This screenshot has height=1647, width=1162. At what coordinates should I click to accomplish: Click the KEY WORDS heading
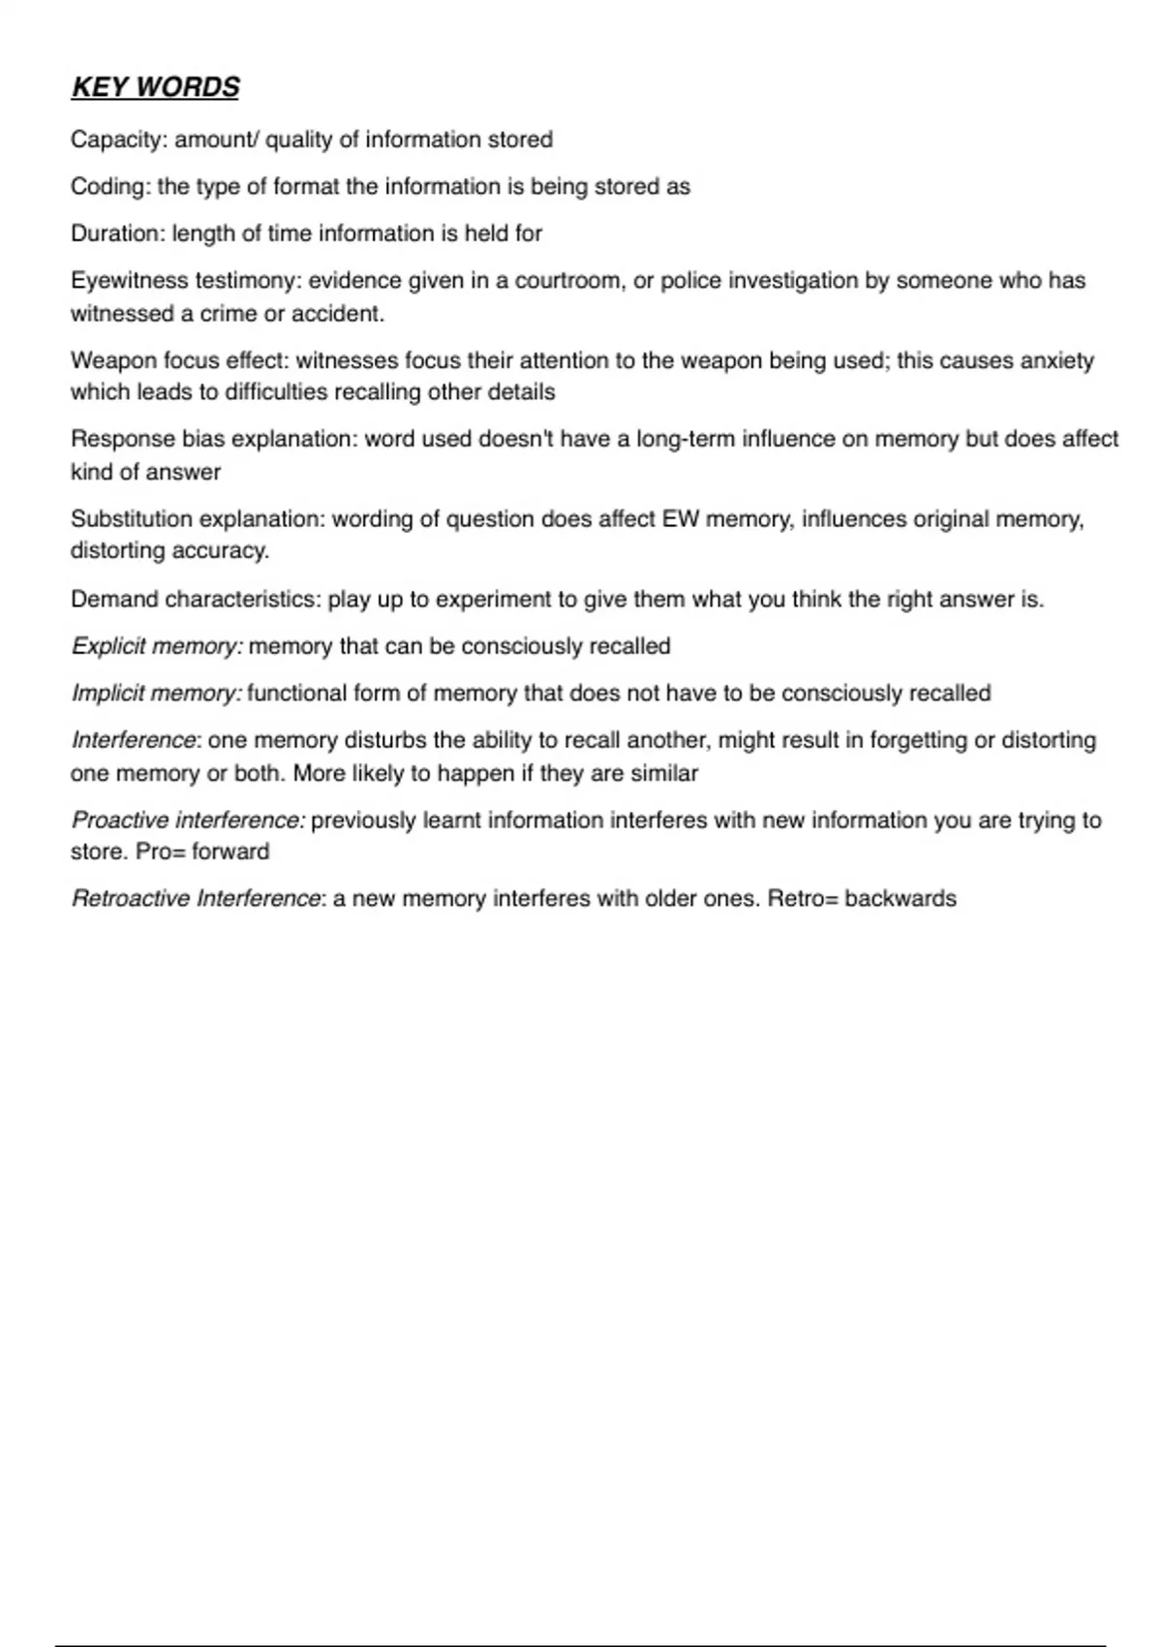pyautogui.click(x=155, y=87)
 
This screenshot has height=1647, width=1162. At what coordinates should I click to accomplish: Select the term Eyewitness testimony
pyautogui.click(x=185, y=281)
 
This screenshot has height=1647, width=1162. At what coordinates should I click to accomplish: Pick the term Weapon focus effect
pyautogui.click(x=178, y=360)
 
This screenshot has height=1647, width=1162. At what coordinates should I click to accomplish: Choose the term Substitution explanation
pyautogui.click(x=198, y=519)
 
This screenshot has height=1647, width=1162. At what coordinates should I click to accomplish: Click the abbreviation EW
pyautogui.click(x=680, y=519)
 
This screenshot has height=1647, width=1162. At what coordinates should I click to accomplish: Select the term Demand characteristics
pyautogui.click(x=194, y=600)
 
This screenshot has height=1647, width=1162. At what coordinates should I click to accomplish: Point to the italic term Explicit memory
pyautogui.click(x=156, y=646)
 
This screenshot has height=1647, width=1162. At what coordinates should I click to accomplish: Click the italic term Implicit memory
pyautogui.click(x=155, y=694)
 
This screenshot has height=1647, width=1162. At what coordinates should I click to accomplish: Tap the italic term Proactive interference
pyautogui.click(x=188, y=821)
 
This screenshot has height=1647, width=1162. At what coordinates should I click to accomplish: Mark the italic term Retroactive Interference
pyautogui.click(x=195, y=899)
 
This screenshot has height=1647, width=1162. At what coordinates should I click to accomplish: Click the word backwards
pyautogui.click(x=900, y=899)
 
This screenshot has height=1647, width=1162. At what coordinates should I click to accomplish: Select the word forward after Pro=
pyautogui.click(x=230, y=852)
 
